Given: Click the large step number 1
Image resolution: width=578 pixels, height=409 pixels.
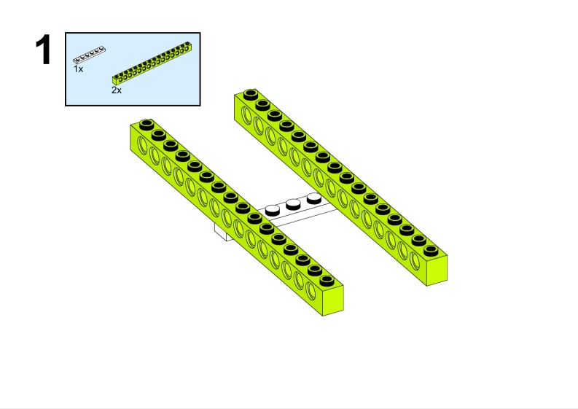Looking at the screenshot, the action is [x=43, y=50].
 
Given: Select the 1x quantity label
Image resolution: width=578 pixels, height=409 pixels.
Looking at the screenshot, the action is [x=78, y=69].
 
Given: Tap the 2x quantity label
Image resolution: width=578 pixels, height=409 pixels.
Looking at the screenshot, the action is [x=117, y=90].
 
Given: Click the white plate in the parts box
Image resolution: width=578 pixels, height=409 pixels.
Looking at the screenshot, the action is [x=89, y=55].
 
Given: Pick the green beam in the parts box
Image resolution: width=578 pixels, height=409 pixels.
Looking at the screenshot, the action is [x=152, y=63].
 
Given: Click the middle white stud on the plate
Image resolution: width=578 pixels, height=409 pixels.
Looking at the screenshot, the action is [x=293, y=204].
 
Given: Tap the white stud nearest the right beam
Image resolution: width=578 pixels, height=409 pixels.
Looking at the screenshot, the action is [x=314, y=198].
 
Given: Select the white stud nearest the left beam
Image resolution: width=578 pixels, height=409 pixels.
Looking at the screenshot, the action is [x=273, y=210].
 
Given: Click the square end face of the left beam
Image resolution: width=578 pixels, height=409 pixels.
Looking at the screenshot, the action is [x=333, y=300].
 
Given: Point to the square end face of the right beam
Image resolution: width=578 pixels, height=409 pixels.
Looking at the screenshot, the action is [x=437, y=270].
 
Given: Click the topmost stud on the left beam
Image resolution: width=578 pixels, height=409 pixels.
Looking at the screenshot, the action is [x=147, y=124].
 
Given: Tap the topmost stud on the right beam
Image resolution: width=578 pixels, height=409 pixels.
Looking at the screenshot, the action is [x=250, y=93].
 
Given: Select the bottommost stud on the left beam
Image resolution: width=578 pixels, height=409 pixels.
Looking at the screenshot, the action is [x=327, y=280].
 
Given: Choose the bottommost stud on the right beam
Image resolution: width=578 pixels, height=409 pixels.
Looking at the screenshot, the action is [x=430, y=250].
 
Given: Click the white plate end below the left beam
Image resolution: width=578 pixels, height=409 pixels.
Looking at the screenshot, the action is [x=224, y=233].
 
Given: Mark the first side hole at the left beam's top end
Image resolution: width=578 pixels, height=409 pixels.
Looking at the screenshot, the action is [x=142, y=144].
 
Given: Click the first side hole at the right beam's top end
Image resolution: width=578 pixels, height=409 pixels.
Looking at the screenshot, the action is [x=246, y=114].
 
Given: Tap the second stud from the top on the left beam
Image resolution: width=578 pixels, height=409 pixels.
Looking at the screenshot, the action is [x=158, y=135].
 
